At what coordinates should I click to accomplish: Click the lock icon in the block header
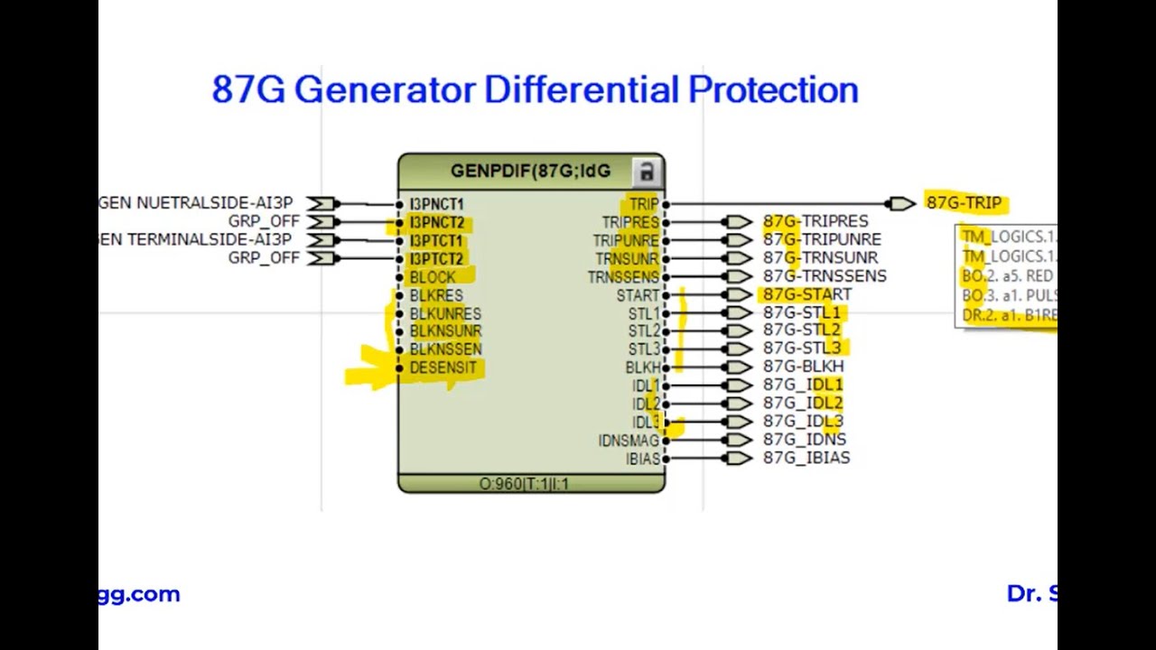(x=645, y=172)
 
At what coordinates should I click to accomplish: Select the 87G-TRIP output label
(x=964, y=203)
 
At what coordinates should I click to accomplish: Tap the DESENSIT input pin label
(x=443, y=367)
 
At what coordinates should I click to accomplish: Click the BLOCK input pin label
(x=432, y=277)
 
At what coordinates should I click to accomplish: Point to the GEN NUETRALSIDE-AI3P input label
(x=195, y=204)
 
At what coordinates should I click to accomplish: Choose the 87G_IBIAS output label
(x=806, y=458)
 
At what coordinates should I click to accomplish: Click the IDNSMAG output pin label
(x=629, y=441)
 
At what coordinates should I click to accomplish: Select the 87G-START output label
(x=806, y=294)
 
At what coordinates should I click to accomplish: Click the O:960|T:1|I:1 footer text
(x=524, y=484)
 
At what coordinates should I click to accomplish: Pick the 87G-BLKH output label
(x=803, y=367)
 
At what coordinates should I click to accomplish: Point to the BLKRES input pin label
(x=435, y=295)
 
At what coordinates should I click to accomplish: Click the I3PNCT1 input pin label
(x=436, y=205)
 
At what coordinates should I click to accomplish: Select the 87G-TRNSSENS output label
(x=825, y=276)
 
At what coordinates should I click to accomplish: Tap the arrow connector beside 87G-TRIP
(x=900, y=204)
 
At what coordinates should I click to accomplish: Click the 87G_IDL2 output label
(x=803, y=404)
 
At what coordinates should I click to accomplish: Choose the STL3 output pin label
(x=644, y=349)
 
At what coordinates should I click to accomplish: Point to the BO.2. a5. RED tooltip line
(x=1007, y=276)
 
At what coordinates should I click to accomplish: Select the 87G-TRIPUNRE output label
(x=822, y=240)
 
